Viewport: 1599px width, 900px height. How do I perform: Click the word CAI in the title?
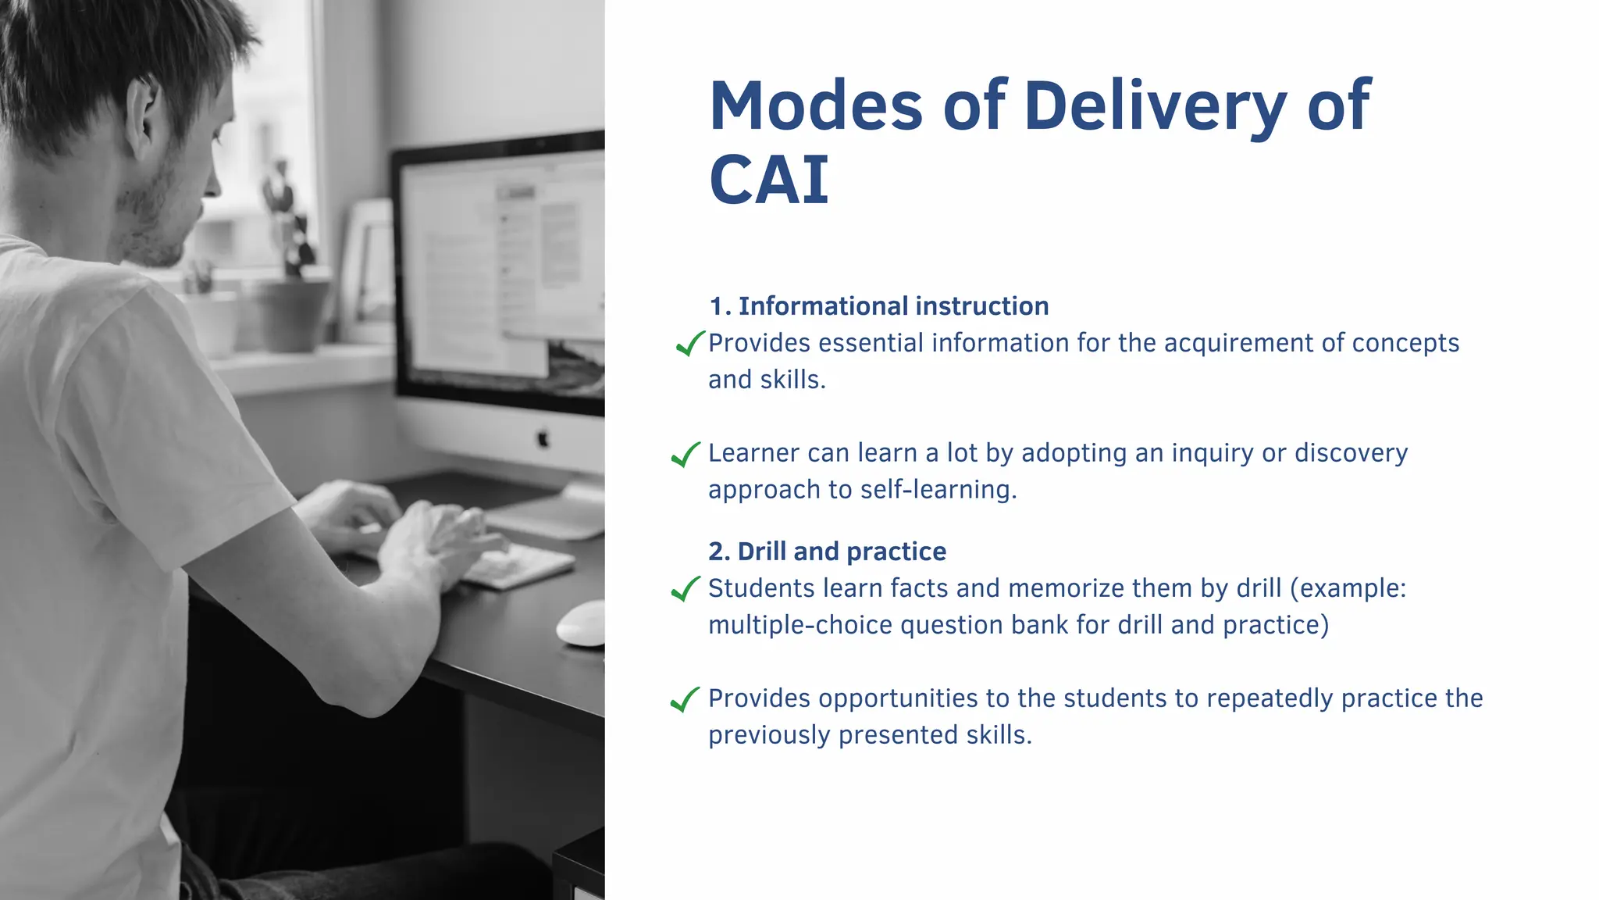pyautogui.click(x=768, y=180)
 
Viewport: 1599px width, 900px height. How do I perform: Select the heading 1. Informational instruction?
pyautogui.click(x=878, y=306)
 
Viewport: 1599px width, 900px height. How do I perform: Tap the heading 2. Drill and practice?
pyautogui.click(x=827, y=552)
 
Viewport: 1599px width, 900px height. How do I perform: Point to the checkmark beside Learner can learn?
pyautogui.click(x=686, y=454)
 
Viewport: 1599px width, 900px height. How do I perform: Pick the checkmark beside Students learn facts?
pyautogui.click(x=686, y=589)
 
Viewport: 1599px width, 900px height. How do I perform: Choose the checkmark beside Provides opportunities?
pyautogui.click(x=686, y=699)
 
